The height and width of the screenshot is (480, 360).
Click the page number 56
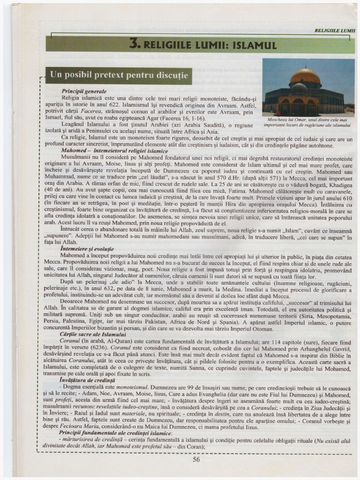(x=196, y=459)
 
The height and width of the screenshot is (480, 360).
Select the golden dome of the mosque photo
(x=305, y=76)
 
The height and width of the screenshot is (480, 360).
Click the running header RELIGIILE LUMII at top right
(x=335, y=30)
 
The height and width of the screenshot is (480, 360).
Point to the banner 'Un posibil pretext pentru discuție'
(x=119, y=75)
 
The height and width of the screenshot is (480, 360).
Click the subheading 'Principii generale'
(x=84, y=91)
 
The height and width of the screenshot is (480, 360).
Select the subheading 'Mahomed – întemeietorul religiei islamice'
(x=114, y=151)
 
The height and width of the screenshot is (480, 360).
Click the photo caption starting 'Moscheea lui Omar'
(x=308, y=122)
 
